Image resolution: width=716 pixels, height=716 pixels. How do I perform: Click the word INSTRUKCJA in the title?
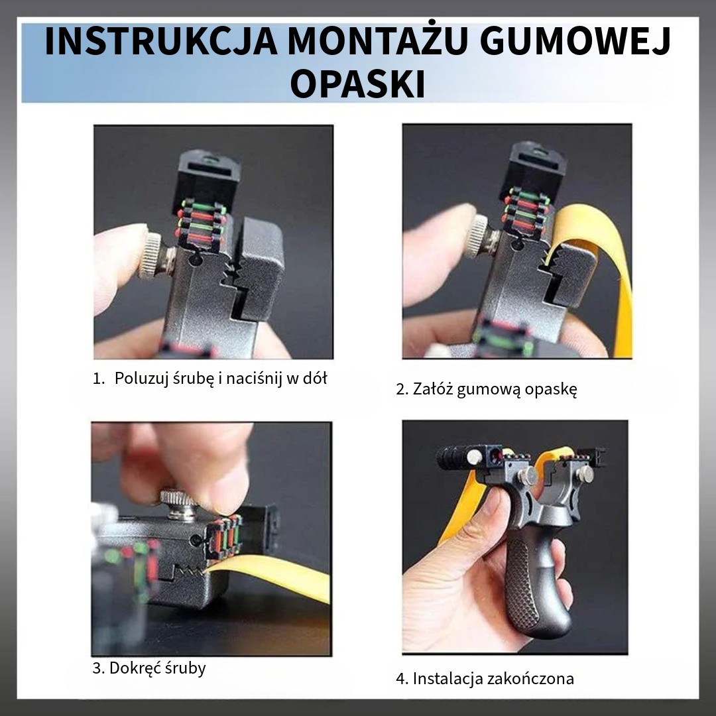click(x=149, y=42)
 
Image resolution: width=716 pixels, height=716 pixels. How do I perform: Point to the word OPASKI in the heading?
click(x=358, y=84)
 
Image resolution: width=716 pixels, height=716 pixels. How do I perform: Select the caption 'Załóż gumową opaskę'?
click(x=486, y=389)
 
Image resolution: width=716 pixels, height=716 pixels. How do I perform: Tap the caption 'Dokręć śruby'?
click(x=149, y=667)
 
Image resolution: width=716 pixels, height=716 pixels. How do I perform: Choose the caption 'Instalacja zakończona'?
click(x=485, y=678)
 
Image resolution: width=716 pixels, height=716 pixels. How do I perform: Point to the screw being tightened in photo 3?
click(x=180, y=504)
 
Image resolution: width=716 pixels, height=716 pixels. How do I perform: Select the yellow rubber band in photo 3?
click(x=278, y=575)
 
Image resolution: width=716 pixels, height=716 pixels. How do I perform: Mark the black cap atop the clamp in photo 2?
click(x=534, y=166)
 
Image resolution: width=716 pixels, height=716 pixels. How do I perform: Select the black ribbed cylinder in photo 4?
click(x=453, y=458)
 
